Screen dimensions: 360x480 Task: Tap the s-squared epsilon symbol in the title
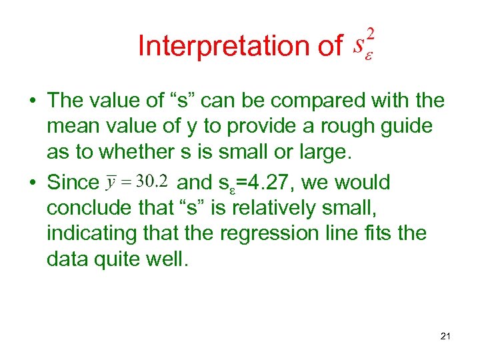coord(363,44)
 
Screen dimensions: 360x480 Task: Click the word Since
coord(73,182)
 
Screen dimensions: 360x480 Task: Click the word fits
coord(389,233)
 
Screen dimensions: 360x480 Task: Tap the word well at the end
coord(171,258)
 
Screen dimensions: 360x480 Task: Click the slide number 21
coord(445,336)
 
